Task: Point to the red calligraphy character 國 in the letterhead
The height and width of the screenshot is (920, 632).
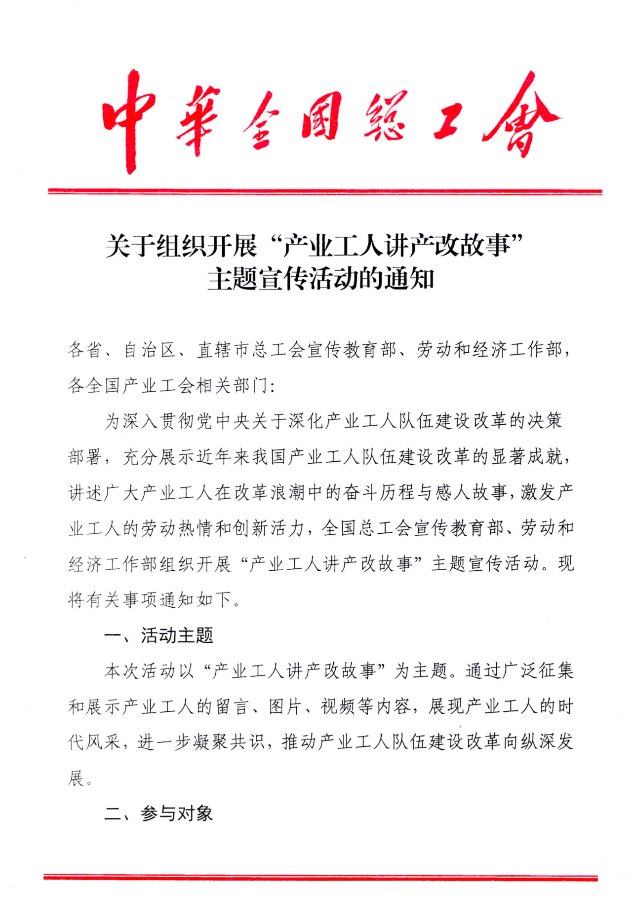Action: pyautogui.click(x=321, y=116)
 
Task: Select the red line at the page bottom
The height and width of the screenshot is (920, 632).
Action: pyautogui.click(x=321, y=877)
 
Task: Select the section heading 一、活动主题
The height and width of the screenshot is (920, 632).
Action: pyautogui.click(x=158, y=635)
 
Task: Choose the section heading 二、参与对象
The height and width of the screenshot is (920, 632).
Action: pyautogui.click(x=158, y=813)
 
